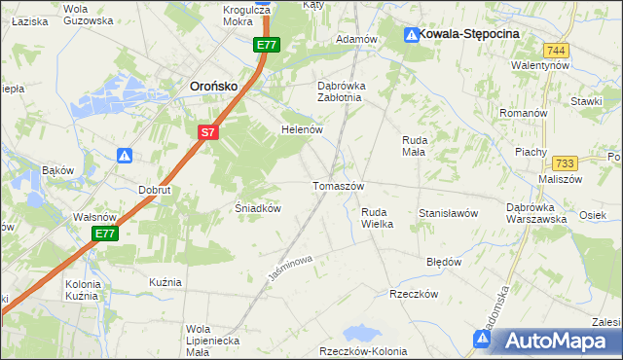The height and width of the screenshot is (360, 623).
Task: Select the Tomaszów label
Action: click(338, 186)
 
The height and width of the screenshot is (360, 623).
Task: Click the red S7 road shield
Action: click(206, 132)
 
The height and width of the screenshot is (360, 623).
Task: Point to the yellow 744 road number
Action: click(557, 50)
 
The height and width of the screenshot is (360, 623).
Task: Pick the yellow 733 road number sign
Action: click(565, 164)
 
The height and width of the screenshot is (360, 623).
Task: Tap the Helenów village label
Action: click(301, 128)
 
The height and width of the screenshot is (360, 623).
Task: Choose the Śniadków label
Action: click(259, 208)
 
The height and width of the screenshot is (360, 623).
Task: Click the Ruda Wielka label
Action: click(377, 217)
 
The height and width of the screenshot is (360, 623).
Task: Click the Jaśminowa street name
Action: click(289, 270)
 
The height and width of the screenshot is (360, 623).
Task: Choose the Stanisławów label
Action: click(448, 212)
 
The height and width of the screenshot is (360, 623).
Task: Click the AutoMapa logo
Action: click(556, 340)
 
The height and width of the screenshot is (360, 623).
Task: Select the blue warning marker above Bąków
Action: click(125, 155)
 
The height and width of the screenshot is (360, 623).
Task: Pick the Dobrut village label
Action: click(155, 191)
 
